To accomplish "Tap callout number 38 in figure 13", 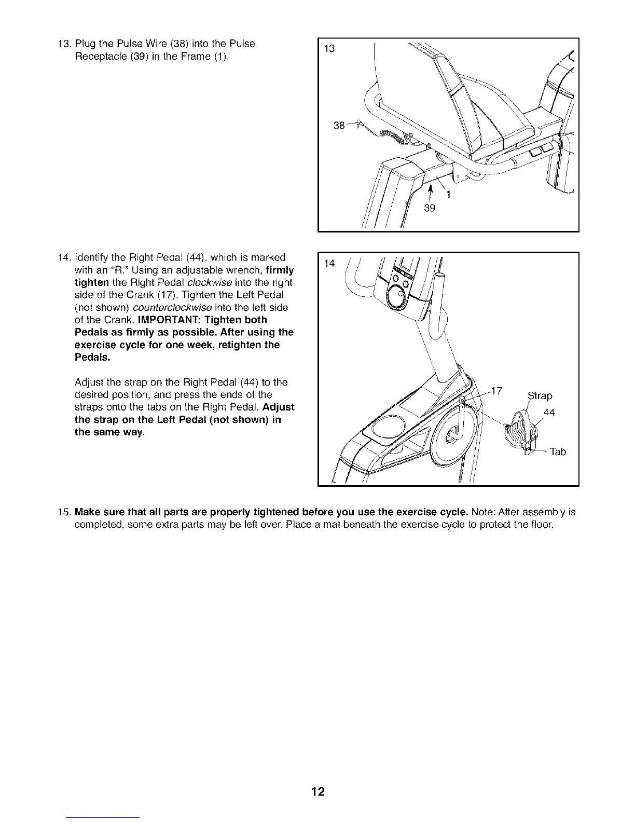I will coord(339,125).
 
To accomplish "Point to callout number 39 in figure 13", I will coord(429,209).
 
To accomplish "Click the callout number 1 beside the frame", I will coord(448,195).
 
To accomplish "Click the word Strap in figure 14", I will coord(540,396).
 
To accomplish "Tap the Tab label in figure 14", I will coord(558,452).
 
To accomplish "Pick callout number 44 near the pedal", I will coord(548,413).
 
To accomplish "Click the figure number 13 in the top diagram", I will coord(329,49).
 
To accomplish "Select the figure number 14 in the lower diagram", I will coord(329,264).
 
